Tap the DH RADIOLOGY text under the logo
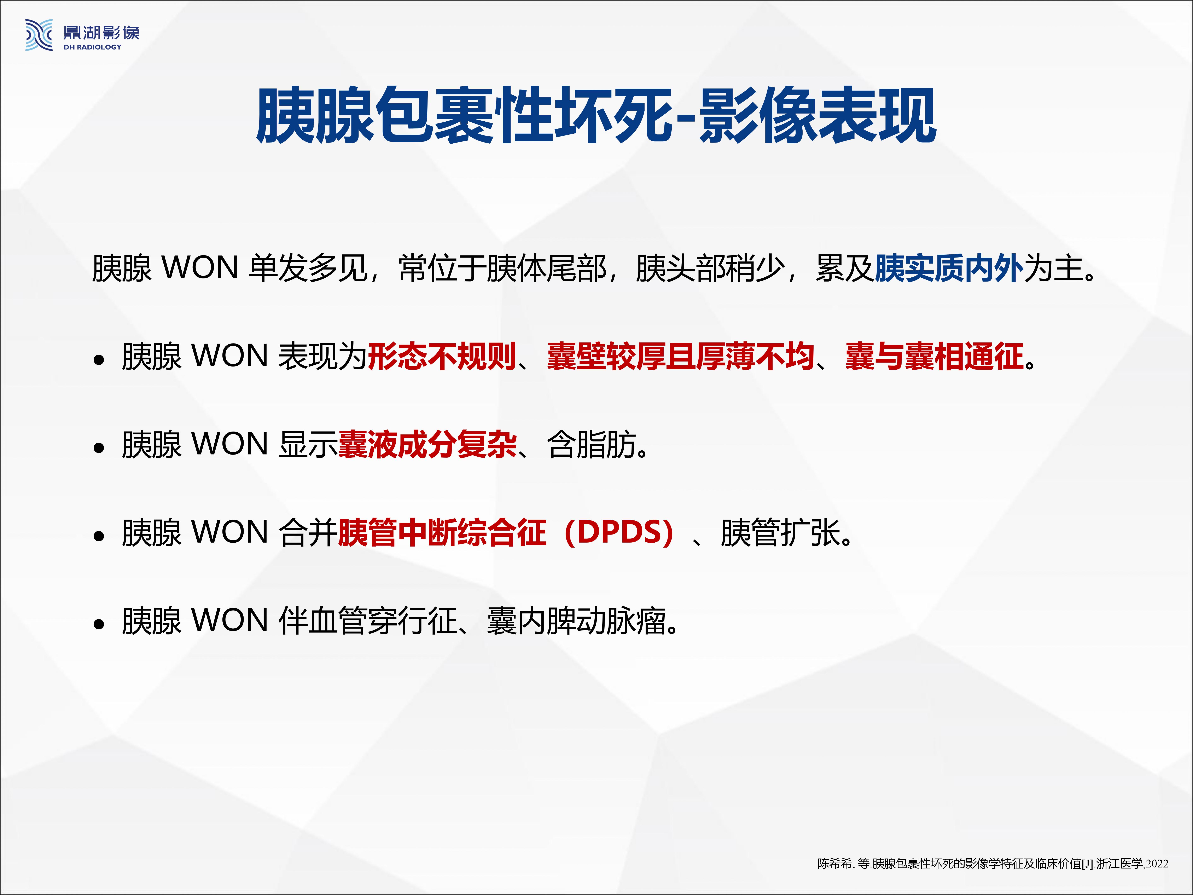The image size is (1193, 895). point(93,47)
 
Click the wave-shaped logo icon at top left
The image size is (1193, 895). point(39,35)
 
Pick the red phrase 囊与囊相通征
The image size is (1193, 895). point(934,357)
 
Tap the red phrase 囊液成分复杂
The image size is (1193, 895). point(427,445)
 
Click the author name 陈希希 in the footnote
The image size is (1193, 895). point(835,864)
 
